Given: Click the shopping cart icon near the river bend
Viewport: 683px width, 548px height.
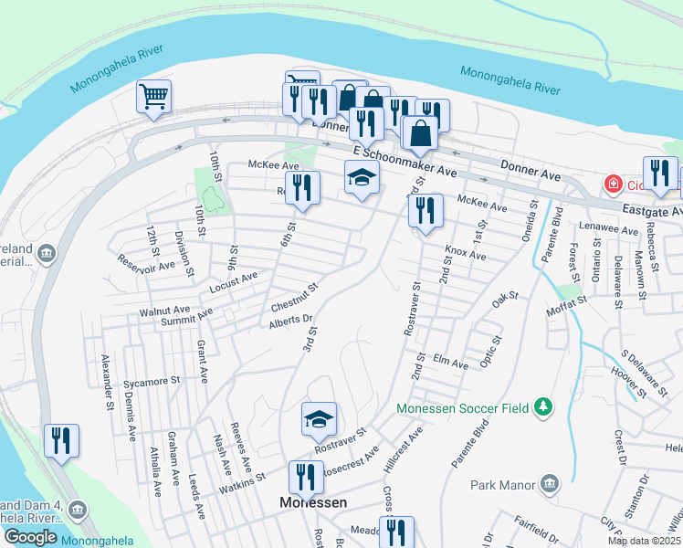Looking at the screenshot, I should click(154, 96).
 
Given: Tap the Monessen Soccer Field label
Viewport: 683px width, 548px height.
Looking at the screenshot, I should click(463, 408).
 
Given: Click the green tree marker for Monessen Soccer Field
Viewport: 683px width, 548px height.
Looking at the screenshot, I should click(543, 406).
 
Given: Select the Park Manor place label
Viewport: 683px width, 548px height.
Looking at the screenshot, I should click(501, 485).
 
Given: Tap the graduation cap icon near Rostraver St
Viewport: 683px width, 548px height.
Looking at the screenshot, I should click(319, 418).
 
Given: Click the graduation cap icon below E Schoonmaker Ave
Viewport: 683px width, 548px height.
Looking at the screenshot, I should click(362, 177).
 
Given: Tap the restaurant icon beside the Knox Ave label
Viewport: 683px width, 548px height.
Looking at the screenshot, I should click(426, 211).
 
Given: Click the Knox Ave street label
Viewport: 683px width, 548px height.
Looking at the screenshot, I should click(465, 253).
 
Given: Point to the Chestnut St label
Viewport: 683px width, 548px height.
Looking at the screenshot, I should click(294, 296).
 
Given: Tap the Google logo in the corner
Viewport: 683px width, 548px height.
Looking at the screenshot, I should click(29, 537).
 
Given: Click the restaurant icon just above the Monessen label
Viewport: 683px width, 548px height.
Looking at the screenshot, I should click(305, 477).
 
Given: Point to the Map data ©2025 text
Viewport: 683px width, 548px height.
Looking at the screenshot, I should click(644, 541).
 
